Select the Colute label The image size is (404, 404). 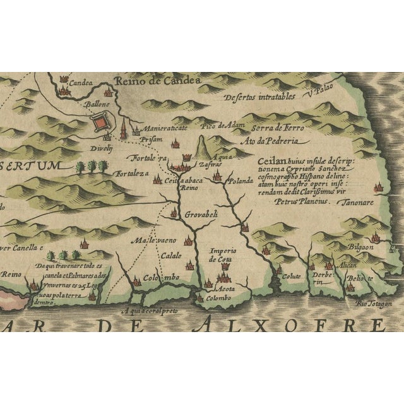[290, 276]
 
